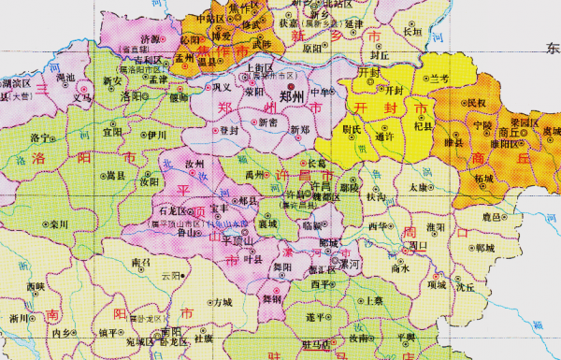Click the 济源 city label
(x=150, y=39)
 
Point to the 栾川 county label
(x=61, y=224)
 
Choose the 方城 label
(x=222, y=303)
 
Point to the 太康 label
(x=418, y=187)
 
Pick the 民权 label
(x=476, y=101)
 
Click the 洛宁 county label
(x=40, y=137)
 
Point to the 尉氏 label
(x=352, y=130)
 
